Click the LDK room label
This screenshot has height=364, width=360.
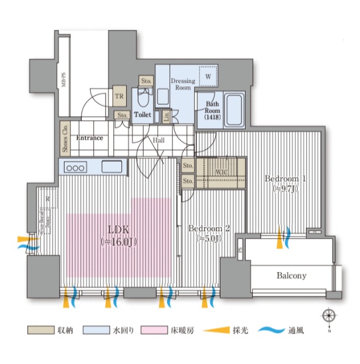point(118,235)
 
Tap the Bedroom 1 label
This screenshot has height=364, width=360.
point(286,183)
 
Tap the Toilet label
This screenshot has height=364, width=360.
point(143,115)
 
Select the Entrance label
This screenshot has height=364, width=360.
point(89,138)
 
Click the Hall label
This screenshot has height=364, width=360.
point(159,141)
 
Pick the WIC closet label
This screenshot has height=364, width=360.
point(221,172)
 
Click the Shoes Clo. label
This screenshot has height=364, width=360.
point(64,139)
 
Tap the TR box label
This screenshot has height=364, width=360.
point(119,97)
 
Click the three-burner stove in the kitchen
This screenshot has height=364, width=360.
point(77,167)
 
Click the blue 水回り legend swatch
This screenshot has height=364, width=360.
point(92,331)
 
